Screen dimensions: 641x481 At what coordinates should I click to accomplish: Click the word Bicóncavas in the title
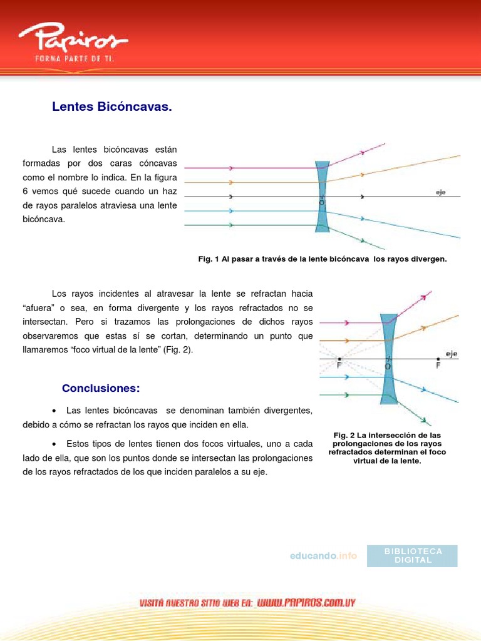pyautogui.click(x=134, y=108)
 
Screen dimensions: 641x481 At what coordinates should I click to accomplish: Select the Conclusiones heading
pyautogui.click(x=100, y=389)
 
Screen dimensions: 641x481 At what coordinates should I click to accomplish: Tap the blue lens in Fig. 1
pyautogui.click(x=323, y=195)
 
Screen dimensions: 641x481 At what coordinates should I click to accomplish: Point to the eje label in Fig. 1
pyautogui.click(x=441, y=192)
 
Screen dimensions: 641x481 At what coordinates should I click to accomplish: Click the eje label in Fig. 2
pyautogui.click(x=451, y=354)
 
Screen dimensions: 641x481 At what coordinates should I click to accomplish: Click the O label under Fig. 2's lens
pyautogui.click(x=388, y=367)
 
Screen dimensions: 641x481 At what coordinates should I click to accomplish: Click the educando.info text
pyautogui.click(x=323, y=556)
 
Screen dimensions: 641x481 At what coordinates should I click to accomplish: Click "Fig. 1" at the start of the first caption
pyautogui.click(x=207, y=259)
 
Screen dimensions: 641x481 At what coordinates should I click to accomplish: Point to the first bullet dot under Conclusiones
pyautogui.click(x=55, y=411)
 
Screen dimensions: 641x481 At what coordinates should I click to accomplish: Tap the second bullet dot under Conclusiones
pyautogui.click(x=55, y=444)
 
